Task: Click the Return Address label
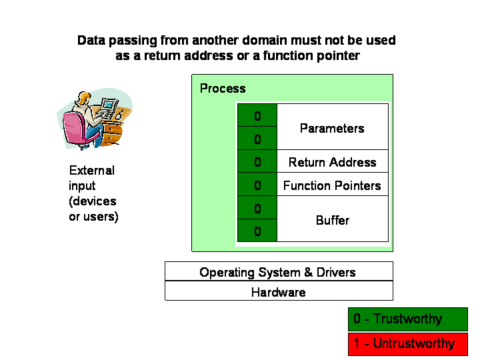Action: point(332,162)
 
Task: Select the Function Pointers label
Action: point(332,185)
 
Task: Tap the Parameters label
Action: point(332,128)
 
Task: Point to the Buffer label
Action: point(333,221)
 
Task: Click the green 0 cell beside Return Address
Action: point(257,161)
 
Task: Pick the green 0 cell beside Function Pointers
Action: point(257,185)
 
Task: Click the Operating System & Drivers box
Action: point(279,271)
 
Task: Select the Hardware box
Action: point(279,291)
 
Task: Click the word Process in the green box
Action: point(223,89)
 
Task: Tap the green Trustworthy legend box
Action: point(408,319)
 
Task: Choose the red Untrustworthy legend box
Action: point(408,344)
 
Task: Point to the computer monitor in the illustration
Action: point(109,105)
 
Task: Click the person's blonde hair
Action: point(83,97)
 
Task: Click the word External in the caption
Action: point(92,171)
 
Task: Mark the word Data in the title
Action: point(91,41)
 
